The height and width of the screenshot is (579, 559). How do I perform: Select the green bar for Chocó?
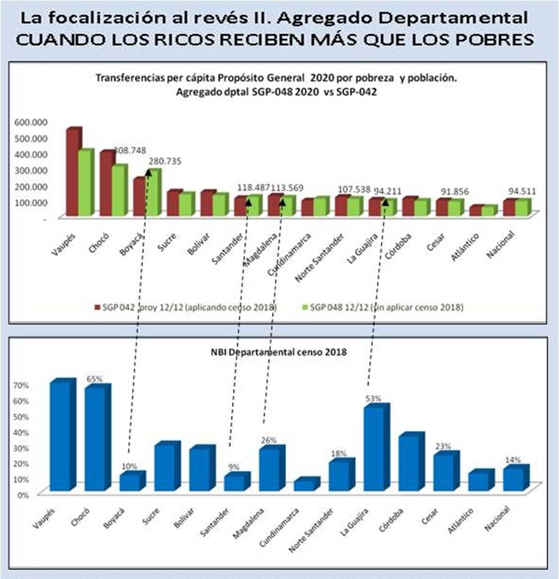click(x=118, y=191)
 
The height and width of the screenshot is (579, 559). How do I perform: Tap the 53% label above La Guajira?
click(x=373, y=398)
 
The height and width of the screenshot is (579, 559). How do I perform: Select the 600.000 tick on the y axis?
click(x=29, y=122)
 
